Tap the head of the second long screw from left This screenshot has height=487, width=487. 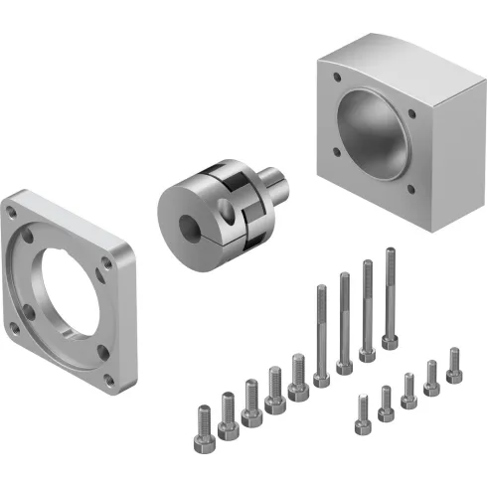point(345,366)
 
